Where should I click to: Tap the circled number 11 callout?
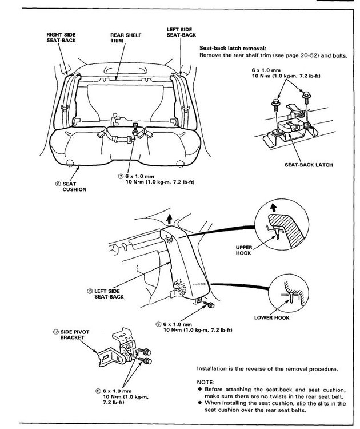click(x=99, y=391)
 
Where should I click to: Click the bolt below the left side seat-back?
click(x=209, y=306)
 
